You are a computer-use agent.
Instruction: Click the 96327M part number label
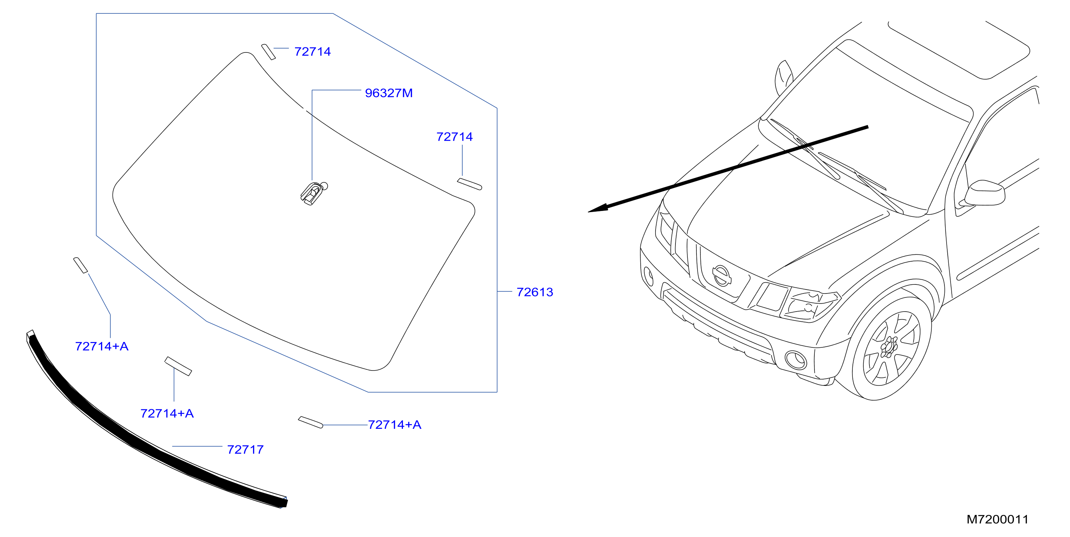pyautogui.click(x=388, y=93)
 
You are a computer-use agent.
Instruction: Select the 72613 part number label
pyautogui.click(x=535, y=292)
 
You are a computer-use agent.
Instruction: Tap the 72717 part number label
pyautogui.click(x=245, y=449)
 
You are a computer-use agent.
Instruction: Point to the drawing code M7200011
pyautogui.click(x=997, y=519)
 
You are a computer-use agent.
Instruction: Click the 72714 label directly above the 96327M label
pyautogui.click(x=312, y=51)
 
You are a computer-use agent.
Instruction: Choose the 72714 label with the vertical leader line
pyautogui.click(x=454, y=137)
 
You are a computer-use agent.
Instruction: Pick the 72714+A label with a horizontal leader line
pyautogui.click(x=395, y=424)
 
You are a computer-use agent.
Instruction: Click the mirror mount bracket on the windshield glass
pyautogui.click(x=313, y=193)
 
